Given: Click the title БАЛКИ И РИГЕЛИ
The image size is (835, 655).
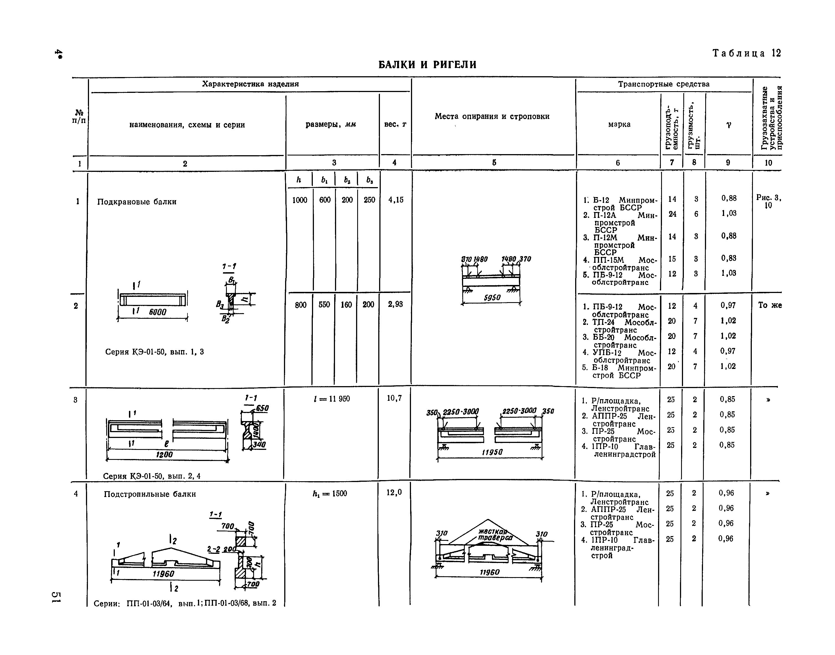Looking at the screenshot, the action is coord(427,64).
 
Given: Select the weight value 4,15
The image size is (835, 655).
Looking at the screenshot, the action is coord(395,200).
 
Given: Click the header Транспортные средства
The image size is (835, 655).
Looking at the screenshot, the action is coord(664,84).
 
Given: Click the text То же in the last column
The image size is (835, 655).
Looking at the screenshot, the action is coord(770,305).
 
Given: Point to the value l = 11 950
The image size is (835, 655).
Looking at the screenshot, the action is coord(331,399).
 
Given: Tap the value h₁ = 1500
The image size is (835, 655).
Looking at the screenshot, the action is coord(329,494).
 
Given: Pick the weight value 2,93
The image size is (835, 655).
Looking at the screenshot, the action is coord(395,304).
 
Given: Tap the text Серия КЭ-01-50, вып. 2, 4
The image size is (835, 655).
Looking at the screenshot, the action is coord(152,476).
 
